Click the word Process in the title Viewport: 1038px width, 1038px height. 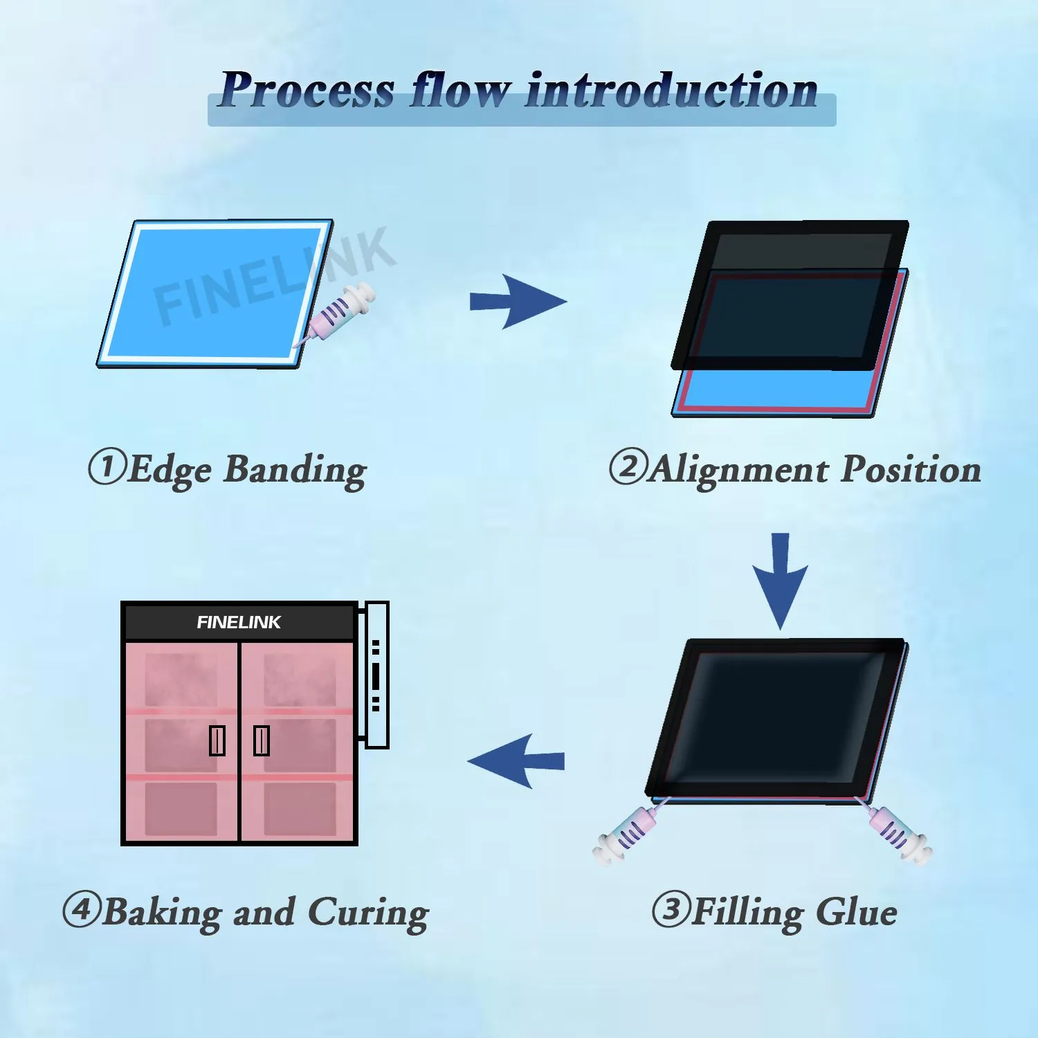307,91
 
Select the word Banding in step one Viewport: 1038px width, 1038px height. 295,471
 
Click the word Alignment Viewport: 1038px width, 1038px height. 739,471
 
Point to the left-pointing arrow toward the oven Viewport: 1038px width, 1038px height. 516,761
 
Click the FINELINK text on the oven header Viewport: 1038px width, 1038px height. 239,622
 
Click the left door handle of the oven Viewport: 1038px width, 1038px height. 217,740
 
